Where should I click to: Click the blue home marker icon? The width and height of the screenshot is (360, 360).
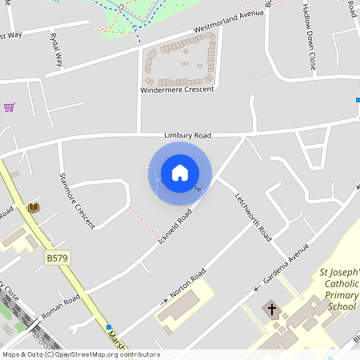[x=180, y=173]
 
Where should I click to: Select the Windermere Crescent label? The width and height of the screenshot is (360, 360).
[x=178, y=90]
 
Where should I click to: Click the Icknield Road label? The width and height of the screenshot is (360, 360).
[x=175, y=228]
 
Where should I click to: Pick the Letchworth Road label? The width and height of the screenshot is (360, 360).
[x=254, y=217]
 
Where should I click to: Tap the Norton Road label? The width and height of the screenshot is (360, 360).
[x=187, y=284]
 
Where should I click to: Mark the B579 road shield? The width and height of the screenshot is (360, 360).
[x=56, y=258]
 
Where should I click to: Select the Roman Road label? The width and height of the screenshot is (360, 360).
[x=61, y=306]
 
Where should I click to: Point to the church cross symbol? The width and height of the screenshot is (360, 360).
[x=271, y=309]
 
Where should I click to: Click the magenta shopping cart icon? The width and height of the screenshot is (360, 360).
[x=9, y=106]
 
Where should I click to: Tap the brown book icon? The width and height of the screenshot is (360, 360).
[x=34, y=207]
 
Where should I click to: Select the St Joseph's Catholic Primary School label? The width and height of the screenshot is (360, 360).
[x=339, y=290]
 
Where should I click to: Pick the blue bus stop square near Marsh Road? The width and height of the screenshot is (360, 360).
[x=108, y=327]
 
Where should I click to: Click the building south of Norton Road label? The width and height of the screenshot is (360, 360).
[x=181, y=308]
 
